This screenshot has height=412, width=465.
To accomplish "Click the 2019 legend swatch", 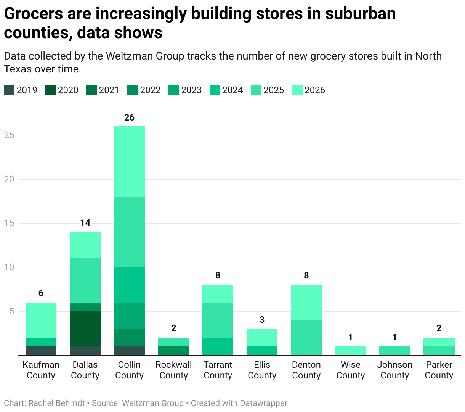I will click(9, 90).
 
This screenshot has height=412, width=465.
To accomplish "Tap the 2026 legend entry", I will click(308, 90).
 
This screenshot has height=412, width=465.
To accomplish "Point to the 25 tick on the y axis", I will click(9, 135).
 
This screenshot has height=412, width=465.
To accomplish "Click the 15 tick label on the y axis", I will click(9, 223).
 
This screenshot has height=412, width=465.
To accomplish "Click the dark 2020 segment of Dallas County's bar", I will click(85, 328).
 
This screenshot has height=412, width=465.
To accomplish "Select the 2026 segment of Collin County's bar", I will click(129, 161).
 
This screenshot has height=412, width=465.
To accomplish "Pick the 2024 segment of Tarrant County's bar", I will click(218, 346).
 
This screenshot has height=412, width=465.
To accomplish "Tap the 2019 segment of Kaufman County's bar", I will click(41, 351).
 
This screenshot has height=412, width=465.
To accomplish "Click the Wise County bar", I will click(350, 351).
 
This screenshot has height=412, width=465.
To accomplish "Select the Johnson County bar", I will click(394, 351).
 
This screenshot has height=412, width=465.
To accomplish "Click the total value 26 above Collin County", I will click(129, 117).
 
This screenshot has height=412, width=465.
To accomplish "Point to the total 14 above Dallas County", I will click(85, 223).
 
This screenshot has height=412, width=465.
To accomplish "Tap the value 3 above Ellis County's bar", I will click(262, 320).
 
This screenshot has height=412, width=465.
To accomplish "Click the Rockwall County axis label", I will click(173, 370).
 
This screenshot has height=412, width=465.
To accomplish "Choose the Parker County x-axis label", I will click(439, 370).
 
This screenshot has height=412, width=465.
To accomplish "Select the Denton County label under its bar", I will click(306, 370).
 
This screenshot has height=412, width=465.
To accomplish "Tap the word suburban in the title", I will click(360, 14).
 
